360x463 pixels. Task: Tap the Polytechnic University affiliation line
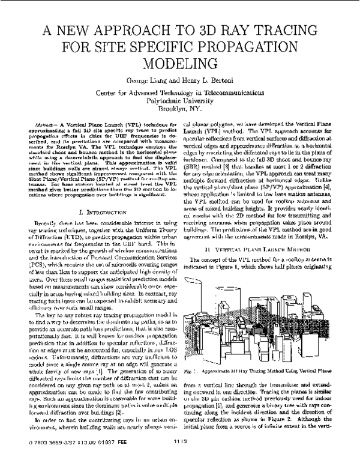180,101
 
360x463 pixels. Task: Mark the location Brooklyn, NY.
180,109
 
